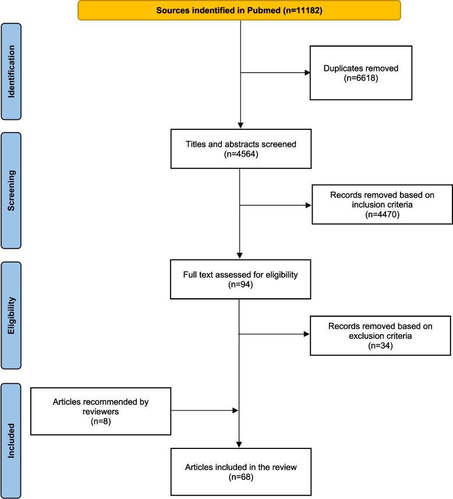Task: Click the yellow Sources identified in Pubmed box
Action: [x=239, y=10]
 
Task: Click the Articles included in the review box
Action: [x=240, y=470]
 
